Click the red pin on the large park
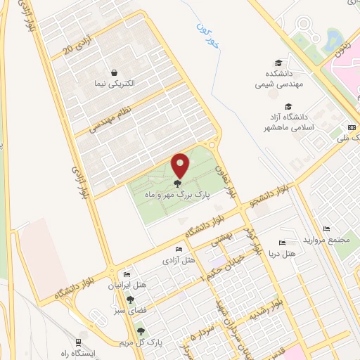(181, 166)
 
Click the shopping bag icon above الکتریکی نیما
(114, 72)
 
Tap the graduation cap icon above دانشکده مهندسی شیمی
(279, 63)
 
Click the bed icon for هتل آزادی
(179, 250)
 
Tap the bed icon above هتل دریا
(282, 242)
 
